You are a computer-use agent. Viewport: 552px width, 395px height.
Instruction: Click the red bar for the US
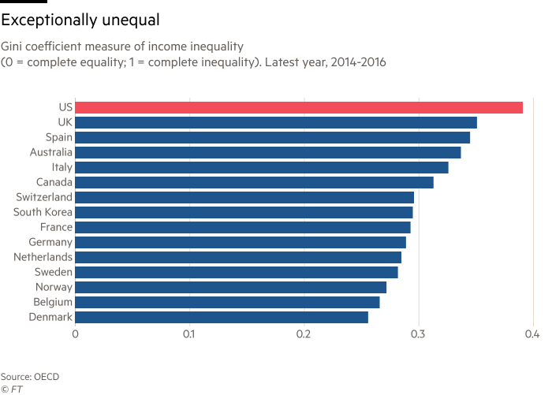click(x=299, y=107)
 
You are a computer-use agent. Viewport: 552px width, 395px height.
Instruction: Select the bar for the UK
click(x=276, y=122)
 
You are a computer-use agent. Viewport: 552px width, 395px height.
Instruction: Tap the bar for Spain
click(x=273, y=137)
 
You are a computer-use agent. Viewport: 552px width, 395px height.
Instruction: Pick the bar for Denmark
click(x=222, y=317)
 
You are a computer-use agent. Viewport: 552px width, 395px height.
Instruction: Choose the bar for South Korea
click(x=244, y=212)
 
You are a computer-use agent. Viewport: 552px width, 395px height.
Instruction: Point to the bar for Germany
click(x=241, y=242)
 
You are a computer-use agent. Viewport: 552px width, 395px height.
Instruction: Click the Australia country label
click(x=51, y=152)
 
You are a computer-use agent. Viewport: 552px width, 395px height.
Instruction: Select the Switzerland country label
click(x=43, y=197)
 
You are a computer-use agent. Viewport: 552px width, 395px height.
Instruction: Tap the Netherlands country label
click(x=43, y=257)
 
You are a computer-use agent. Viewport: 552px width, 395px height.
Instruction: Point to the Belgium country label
click(x=54, y=302)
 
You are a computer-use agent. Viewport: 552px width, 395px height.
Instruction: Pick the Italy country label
click(x=61, y=167)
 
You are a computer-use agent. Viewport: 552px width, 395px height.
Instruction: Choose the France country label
click(x=57, y=227)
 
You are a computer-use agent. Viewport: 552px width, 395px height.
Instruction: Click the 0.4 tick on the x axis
click(x=532, y=334)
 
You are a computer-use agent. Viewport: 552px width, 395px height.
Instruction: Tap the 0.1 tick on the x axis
click(x=189, y=334)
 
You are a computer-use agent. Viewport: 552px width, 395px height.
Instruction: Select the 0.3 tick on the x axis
click(x=418, y=334)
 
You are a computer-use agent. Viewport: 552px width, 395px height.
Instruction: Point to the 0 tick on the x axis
click(x=76, y=334)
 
